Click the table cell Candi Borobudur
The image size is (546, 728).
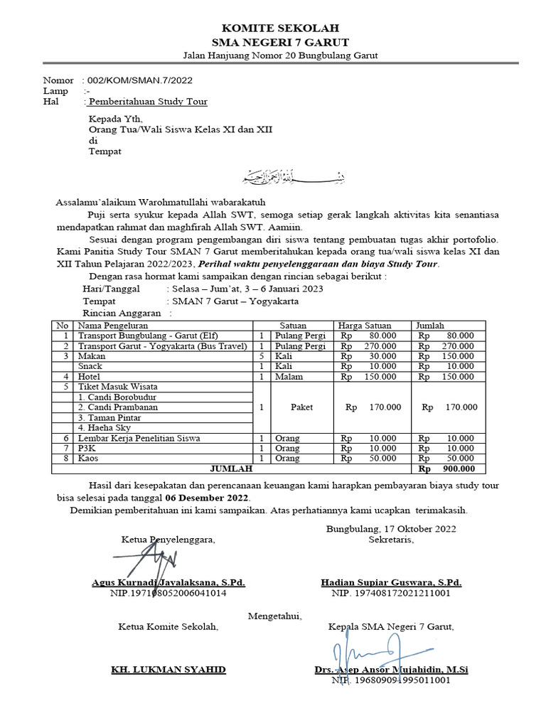click(x=117, y=397)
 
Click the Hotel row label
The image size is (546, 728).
click(x=89, y=376)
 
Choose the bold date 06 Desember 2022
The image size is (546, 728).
click(x=208, y=497)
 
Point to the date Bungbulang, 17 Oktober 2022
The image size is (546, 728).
click(x=392, y=528)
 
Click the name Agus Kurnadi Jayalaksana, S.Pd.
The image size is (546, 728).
click(x=168, y=582)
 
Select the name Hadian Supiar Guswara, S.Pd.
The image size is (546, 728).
click(x=391, y=582)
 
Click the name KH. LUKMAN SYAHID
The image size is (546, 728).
click(x=168, y=670)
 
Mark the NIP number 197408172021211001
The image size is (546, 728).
click(x=392, y=592)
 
